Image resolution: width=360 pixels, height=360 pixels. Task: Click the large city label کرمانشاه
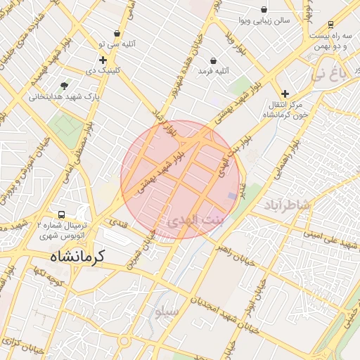[77, 257]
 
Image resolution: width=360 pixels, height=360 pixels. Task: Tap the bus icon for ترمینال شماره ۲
[61, 215]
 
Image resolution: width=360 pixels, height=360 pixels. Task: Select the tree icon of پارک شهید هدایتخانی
[65, 86]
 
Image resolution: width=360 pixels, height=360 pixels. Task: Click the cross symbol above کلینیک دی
[103, 60]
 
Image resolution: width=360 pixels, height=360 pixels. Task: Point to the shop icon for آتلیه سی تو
[117, 33]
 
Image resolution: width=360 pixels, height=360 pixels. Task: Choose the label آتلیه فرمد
[214, 71]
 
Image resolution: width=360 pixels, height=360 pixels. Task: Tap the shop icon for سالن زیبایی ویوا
[264, 10]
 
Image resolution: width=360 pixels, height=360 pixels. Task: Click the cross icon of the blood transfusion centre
[285, 94]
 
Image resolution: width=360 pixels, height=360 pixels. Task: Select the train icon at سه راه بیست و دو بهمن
[330, 23]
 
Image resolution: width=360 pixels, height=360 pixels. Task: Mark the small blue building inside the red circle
[232, 195]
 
